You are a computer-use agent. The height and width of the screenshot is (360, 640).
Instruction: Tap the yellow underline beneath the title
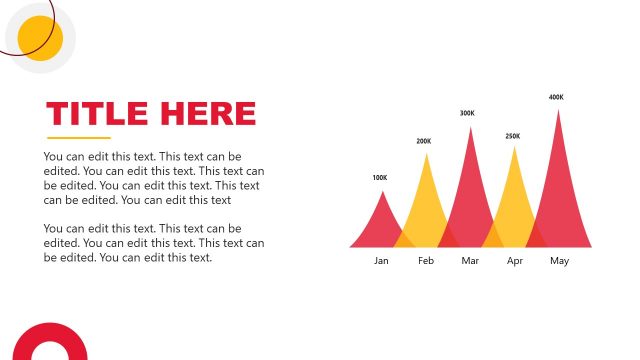tap(79, 137)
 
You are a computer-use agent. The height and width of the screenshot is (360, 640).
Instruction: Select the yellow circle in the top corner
tap(41, 38)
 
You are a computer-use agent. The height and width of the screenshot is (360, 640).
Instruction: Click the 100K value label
tap(379, 178)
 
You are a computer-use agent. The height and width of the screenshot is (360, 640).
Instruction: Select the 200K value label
tap(424, 141)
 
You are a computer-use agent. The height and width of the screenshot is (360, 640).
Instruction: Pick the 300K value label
tap(467, 113)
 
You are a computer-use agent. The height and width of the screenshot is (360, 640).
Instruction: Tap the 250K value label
tap(513, 136)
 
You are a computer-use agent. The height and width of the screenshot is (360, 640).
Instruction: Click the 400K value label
tap(556, 97)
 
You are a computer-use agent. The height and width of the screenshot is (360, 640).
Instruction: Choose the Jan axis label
tap(381, 261)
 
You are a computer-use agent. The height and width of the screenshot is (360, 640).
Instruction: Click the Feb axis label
tap(426, 261)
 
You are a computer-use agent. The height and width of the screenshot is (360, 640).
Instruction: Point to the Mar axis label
tap(470, 261)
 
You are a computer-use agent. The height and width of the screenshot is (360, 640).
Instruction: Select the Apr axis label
tap(515, 261)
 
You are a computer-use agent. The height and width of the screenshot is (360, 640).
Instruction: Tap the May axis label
tap(559, 261)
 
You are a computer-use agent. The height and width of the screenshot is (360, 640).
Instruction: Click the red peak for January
tap(380, 225)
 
